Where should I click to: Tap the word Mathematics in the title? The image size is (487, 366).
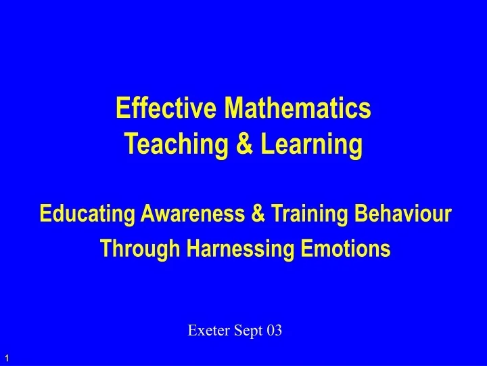point(298,108)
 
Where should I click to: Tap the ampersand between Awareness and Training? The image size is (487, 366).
point(257,215)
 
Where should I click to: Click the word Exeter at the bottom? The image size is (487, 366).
point(206,331)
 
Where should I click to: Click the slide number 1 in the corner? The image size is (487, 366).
point(6,357)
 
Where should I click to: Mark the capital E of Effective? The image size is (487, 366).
point(122,108)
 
